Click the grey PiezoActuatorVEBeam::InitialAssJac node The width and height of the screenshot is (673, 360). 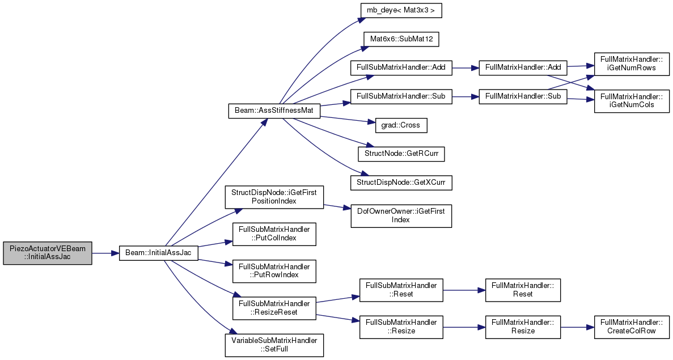click(x=47, y=253)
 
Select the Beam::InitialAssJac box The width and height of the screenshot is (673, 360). click(x=158, y=253)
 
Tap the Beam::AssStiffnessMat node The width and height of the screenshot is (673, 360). click(x=274, y=111)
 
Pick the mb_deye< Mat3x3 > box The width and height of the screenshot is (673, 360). click(x=401, y=10)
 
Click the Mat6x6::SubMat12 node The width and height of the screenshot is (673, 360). click(x=401, y=39)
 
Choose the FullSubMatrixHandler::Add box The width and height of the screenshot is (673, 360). click(x=401, y=68)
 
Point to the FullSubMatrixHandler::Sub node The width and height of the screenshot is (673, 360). click(x=401, y=96)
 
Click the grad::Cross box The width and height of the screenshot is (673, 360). click(x=401, y=125)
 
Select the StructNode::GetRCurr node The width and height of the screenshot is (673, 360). click(x=401, y=154)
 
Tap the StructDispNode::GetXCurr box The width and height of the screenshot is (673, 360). click(x=401, y=183)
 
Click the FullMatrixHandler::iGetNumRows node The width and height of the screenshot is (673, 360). click(x=632, y=63)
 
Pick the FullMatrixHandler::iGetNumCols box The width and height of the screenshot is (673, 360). click(x=632, y=101)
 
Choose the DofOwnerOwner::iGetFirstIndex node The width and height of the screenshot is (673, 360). click(x=401, y=215)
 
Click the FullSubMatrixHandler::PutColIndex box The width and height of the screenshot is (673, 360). click(x=274, y=234)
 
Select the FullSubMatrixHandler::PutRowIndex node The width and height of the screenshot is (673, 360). click(x=274, y=271)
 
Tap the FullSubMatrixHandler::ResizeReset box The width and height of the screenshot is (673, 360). click(x=274, y=308)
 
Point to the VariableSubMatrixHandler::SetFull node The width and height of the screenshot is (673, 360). click(x=274, y=345)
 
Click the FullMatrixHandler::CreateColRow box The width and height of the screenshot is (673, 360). click(x=632, y=327)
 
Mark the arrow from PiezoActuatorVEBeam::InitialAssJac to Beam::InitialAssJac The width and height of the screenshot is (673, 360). click(x=105, y=253)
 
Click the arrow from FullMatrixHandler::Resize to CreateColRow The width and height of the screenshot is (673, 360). click(x=577, y=327)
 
